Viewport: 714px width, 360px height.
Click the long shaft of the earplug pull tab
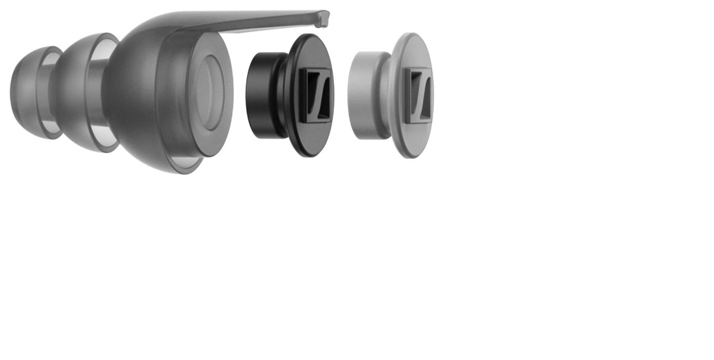pyautogui.click(x=254, y=23)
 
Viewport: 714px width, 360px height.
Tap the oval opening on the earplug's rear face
pyautogui.click(x=209, y=92)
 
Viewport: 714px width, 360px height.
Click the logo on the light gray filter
pyautogui.click(x=419, y=95)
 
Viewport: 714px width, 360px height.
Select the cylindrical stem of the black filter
pyautogui.click(x=261, y=95)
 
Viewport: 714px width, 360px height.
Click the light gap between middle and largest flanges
pyautogui.click(x=99, y=94)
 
